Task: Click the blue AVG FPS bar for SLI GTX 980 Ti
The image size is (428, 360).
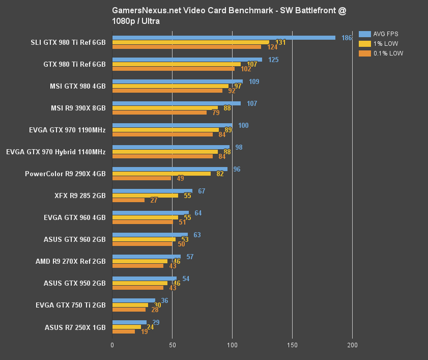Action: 224,38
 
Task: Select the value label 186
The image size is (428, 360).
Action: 347,38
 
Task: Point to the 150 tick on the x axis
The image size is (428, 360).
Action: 292,345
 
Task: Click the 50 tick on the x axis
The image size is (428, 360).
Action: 173,345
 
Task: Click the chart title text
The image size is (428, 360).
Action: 230,16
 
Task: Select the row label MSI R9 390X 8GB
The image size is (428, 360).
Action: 77,108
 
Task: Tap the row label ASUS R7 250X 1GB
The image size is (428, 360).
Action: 75,327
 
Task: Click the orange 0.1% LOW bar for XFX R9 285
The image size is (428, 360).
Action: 128,200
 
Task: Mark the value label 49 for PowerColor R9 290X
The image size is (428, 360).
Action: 180,178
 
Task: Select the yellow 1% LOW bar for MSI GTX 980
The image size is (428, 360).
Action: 170,86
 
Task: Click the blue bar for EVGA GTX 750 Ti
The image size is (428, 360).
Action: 133,300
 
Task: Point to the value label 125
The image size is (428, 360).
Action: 273,60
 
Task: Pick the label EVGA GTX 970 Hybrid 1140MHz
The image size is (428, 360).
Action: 56,152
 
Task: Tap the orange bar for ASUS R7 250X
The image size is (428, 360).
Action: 124,331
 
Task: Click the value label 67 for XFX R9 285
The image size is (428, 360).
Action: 202,191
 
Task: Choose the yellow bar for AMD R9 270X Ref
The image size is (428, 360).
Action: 140,261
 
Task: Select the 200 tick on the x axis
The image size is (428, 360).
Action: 352,345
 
